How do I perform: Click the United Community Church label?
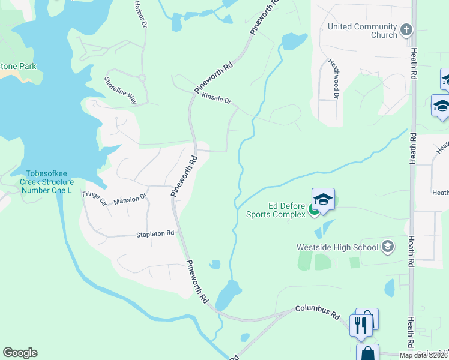click(362, 31)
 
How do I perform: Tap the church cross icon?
click(406, 29)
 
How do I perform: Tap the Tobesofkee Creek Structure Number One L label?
click(47, 182)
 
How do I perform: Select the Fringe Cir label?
click(95, 197)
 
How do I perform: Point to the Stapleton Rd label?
click(155, 233)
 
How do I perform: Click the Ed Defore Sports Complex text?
click(276, 209)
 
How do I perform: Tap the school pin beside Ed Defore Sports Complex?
click(323, 200)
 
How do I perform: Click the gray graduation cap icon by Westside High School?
click(388, 247)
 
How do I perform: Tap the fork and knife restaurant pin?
click(360, 325)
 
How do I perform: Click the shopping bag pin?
click(367, 353)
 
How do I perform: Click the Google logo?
click(20, 353)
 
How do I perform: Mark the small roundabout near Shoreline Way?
click(142, 77)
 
